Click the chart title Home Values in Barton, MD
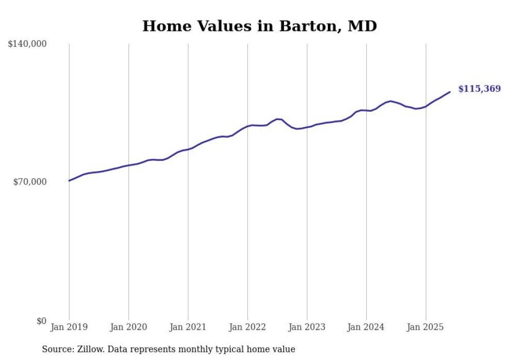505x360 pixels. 260,26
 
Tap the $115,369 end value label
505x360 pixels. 479,89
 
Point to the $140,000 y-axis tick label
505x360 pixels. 27,44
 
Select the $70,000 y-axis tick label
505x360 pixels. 29,182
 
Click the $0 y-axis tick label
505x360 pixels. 41,321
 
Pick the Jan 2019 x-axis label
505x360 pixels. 69,327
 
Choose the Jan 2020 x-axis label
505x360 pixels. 129,327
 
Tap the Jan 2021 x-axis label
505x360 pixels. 188,327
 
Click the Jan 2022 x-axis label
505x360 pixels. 248,327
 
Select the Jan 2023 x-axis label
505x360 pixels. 307,327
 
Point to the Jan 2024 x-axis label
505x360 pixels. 366,327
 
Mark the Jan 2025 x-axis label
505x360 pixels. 426,327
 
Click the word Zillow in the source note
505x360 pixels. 89,349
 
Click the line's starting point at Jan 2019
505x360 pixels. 69,181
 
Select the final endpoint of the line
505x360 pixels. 450,92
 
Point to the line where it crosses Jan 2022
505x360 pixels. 248,126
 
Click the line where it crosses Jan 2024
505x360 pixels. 366,110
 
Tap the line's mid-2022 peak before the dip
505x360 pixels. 278,119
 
